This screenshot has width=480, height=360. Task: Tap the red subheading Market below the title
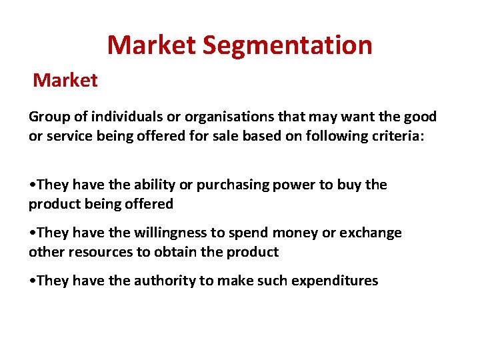click(x=65, y=81)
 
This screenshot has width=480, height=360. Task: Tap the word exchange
click(x=371, y=233)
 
